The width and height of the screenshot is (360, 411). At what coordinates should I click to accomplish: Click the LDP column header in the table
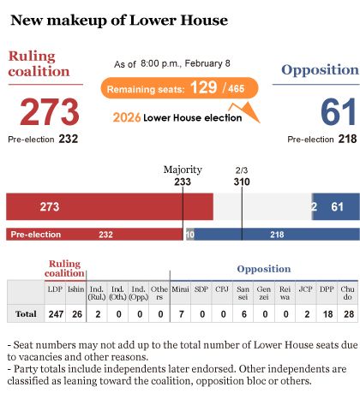click(x=55, y=289)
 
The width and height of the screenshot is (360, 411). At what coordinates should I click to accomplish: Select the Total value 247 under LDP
click(x=56, y=314)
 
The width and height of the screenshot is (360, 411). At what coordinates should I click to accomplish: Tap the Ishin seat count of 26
click(x=77, y=314)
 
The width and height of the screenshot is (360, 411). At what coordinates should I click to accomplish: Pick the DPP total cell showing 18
click(x=327, y=314)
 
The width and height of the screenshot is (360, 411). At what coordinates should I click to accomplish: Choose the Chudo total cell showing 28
click(x=349, y=314)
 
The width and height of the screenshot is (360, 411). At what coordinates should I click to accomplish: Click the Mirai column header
click(x=180, y=289)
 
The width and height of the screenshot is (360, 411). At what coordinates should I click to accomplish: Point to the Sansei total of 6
click(x=243, y=314)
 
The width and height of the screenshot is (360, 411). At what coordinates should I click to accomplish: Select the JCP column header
click(x=305, y=289)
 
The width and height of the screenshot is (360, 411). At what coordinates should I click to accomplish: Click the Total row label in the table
click(x=26, y=314)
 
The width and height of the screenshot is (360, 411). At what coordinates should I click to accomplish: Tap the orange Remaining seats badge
click(x=179, y=88)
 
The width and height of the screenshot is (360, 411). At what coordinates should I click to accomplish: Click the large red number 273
click(x=50, y=111)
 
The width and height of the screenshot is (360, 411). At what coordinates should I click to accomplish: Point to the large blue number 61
click(x=339, y=111)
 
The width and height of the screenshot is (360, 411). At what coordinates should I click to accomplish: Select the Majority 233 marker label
click(x=183, y=176)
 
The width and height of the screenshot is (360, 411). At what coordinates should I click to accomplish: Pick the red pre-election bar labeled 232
click(x=94, y=235)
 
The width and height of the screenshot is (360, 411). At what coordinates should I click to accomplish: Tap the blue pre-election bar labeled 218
click(x=277, y=235)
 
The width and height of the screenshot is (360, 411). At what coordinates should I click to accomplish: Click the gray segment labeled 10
click(x=190, y=235)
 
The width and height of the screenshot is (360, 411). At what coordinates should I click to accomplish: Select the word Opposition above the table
click(x=264, y=269)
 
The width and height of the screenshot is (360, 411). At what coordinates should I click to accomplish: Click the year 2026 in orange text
click(x=127, y=117)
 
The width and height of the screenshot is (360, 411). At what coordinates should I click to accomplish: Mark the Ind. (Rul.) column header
click(x=97, y=293)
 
